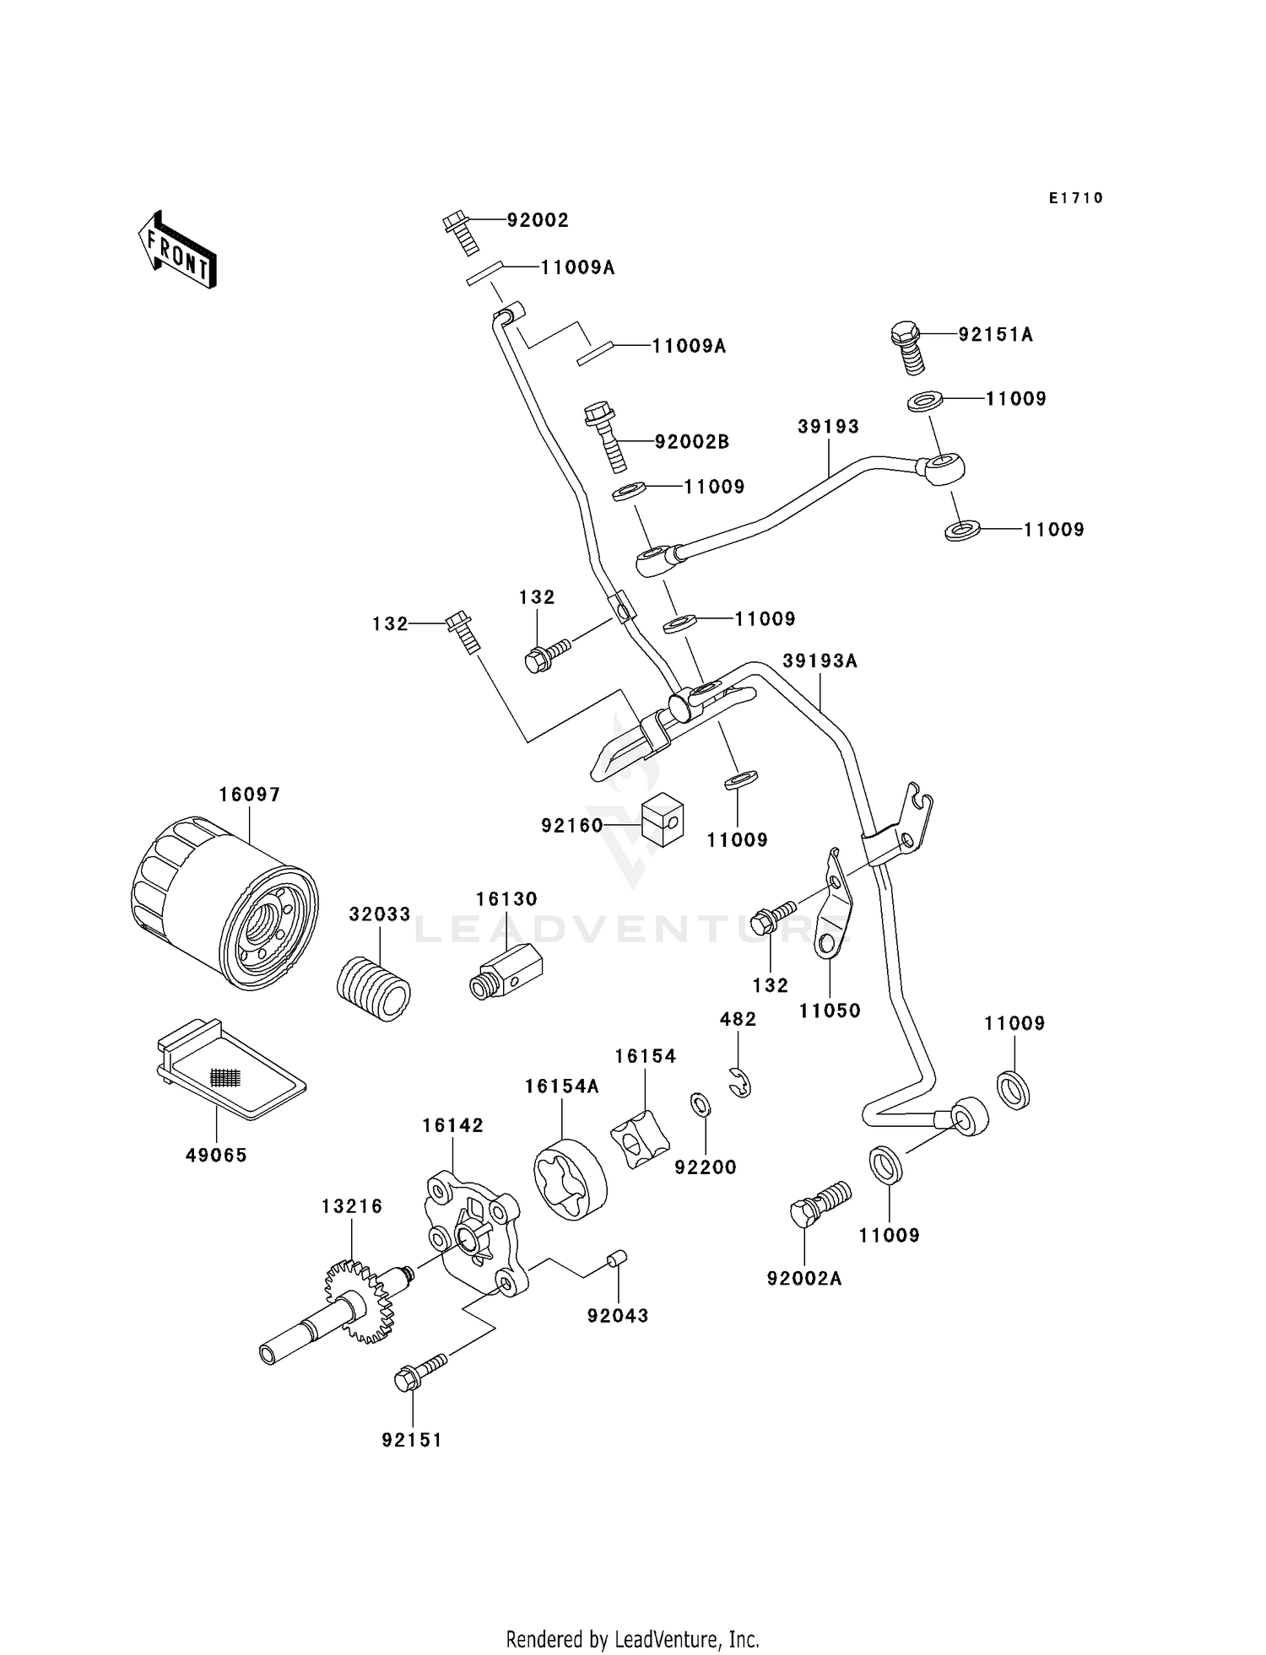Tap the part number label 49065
216,1155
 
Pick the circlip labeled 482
739,1082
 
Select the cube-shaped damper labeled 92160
662,820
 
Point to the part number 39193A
820,661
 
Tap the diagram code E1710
1076,198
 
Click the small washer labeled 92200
700,1102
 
